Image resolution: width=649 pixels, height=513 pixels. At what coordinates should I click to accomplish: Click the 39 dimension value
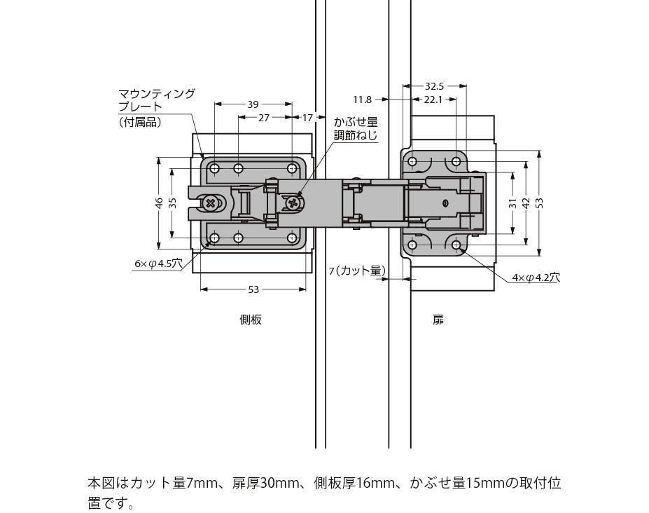(253, 104)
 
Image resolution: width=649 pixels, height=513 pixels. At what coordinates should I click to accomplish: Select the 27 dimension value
(264, 118)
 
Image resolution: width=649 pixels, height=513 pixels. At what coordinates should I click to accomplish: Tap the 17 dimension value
(307, 118)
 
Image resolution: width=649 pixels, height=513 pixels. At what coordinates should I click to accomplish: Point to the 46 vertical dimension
(159, 203)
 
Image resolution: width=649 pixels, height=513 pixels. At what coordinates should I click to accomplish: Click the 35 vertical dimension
(172, 203)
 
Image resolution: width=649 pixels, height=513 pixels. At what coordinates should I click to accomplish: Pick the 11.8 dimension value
(363, 100)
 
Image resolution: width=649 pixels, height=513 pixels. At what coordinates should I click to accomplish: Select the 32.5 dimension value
(434, 86)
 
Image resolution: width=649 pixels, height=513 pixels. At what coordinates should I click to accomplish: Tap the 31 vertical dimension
(512, 203)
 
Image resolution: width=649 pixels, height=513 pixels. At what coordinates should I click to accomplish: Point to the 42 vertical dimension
(526, 203)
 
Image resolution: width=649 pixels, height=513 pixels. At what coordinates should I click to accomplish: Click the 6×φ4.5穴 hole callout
(158, 264)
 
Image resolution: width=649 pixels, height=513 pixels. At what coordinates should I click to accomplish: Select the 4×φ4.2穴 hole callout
(536, 277)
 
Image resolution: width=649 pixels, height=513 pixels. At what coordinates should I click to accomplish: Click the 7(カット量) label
(357, 270)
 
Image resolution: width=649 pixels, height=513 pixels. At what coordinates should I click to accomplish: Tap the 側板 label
(251, 320)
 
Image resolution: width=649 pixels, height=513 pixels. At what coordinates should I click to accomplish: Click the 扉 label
(438, 320)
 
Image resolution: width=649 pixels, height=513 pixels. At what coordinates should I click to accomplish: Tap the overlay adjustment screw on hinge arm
(293, 203)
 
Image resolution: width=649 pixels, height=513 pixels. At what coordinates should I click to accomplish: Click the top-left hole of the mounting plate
(215, 168)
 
